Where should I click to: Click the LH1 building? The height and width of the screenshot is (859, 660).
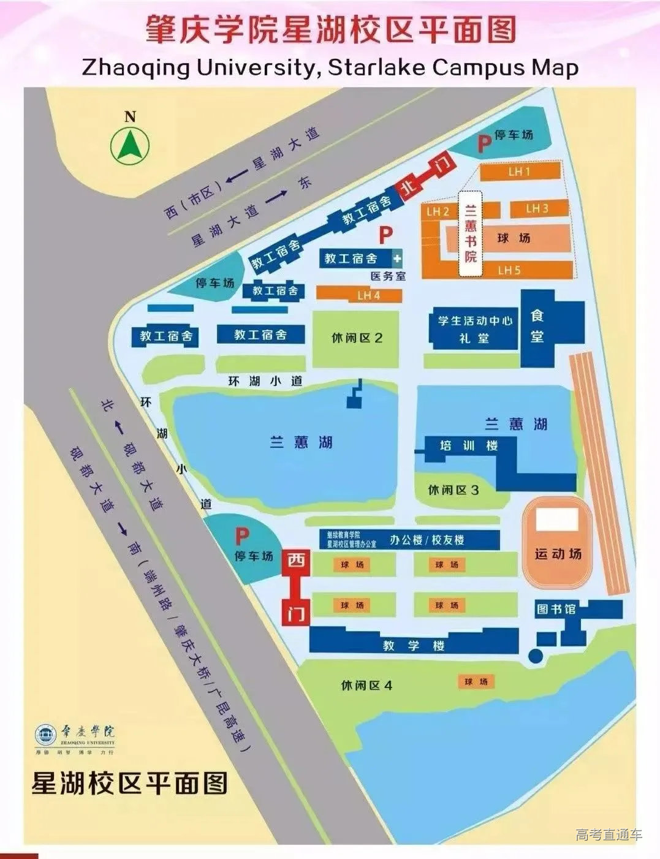(520, 172)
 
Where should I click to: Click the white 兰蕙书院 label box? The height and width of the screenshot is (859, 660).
(471, 233)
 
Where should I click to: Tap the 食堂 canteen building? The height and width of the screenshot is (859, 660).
(537, 327)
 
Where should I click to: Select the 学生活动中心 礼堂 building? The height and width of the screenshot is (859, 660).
(474, 328)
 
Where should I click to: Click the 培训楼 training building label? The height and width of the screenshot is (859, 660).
(469, 445)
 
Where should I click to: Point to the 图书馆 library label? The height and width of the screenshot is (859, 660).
(556, 609)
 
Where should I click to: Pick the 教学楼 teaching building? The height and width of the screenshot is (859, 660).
(413, 644)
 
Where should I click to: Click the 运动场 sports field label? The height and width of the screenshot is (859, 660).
(558, 554)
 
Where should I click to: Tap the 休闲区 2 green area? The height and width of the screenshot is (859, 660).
(356, 338)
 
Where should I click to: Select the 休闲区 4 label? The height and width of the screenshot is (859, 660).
(366, 685)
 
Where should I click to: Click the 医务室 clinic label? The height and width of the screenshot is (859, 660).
(388, 276)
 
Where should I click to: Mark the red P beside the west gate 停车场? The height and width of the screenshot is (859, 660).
(243, 537)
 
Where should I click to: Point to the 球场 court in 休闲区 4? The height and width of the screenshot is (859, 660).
(476, 682)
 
